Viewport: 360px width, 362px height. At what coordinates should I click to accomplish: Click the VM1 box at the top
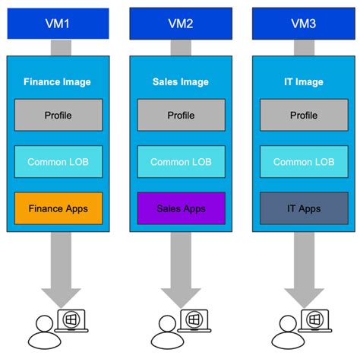[58, 24]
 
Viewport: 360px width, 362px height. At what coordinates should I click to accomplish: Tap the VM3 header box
[304, 24]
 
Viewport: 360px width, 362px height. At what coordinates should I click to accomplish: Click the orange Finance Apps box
[58, 208]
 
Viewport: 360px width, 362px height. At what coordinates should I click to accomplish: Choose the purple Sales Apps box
[182, 208]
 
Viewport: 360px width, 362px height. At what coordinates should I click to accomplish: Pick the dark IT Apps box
[304, 208]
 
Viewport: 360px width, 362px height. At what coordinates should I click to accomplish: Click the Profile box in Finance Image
[58, 116]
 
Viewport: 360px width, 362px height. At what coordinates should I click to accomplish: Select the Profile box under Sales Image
[182, 116]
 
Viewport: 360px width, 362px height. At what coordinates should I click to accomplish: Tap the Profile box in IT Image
[304, 116]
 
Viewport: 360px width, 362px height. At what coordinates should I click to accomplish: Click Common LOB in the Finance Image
[58, 162]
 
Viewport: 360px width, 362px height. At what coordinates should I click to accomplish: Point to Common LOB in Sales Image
[182, 162]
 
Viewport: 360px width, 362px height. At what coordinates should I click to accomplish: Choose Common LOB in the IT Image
[304, 162]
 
